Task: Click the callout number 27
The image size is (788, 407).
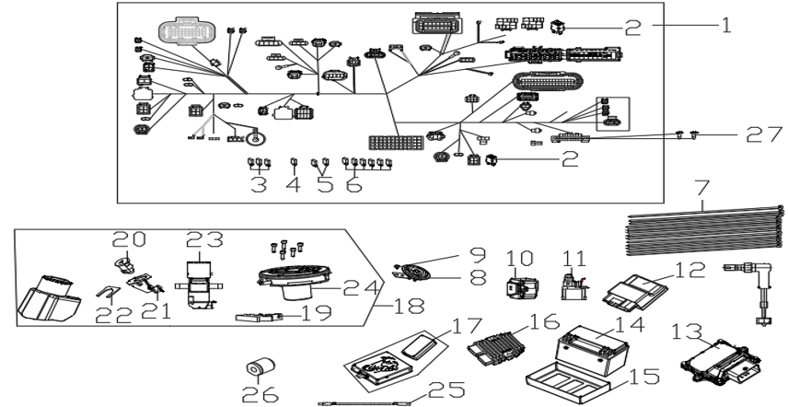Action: click(764, 134)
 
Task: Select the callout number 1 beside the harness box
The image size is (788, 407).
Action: click(726, 25)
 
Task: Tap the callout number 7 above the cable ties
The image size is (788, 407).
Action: click(702, 189)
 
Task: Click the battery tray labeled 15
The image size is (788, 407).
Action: click(568, 383)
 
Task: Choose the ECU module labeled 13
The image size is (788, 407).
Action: click(720, 359)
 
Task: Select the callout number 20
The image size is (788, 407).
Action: click(129, 239)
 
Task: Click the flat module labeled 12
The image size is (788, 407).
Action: click(636, 290)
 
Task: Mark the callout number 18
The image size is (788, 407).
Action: click(408, 306)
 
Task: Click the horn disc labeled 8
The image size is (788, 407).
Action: click(412, 272)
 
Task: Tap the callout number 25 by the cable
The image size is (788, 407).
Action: click(446, 390)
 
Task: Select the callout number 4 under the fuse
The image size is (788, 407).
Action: click(293, 184)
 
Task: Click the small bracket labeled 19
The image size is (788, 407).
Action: click(258, 317)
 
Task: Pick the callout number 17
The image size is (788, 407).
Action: click(468, 327)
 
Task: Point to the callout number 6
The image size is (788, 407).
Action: click(353, 184)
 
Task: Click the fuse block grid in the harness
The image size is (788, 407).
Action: click(396, 142)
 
